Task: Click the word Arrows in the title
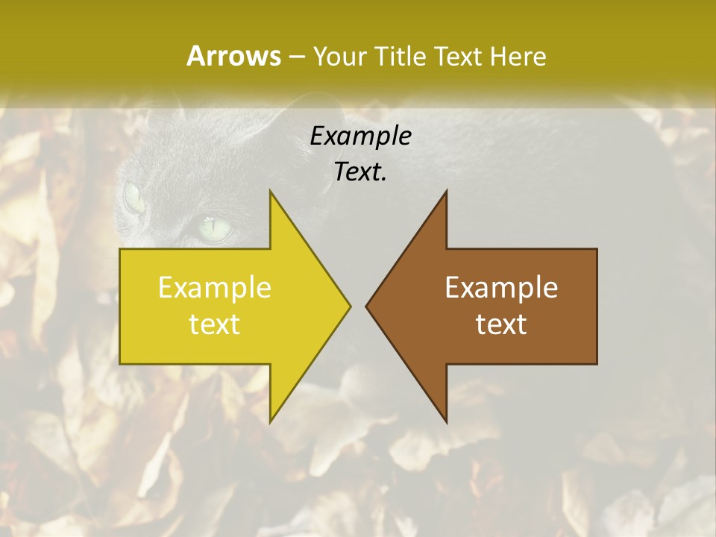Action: point(233,56)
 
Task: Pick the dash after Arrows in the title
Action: point(296,57)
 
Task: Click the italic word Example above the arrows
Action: point(360,136)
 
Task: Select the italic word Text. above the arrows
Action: point(360,172)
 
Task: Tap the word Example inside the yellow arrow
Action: point(215,288)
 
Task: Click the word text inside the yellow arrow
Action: point(215,324)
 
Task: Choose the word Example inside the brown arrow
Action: point(501,288)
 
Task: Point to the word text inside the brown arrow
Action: point(501,324)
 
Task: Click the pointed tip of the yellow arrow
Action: point(350,306)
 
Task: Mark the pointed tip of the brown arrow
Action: point(366,306)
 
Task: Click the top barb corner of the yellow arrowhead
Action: point(271,192)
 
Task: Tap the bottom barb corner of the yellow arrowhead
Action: point(271,421)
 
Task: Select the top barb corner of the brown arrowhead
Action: point(446,192)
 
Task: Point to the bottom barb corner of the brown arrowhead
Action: point(446,421)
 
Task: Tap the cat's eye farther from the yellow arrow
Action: point(133,198)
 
